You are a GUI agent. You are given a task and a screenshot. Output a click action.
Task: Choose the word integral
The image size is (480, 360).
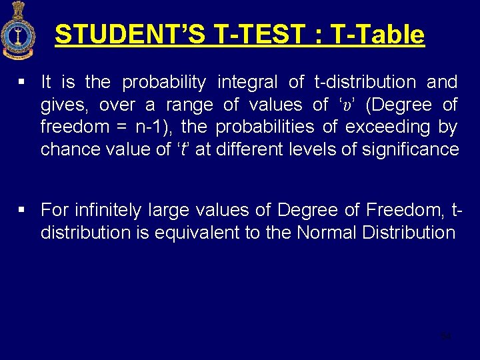(x=247, y=83)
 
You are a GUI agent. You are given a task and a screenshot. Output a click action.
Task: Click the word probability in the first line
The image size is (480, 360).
(x=164, y=83)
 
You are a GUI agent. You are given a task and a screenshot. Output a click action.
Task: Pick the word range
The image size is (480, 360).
(x=189, y=105)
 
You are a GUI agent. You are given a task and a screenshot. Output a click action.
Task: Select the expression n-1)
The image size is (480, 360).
(x=156, y=127)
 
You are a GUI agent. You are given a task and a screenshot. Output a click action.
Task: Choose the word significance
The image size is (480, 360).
(x=411, y=149)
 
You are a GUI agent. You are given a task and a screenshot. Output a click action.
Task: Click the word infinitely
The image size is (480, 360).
(x=111, y=211)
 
